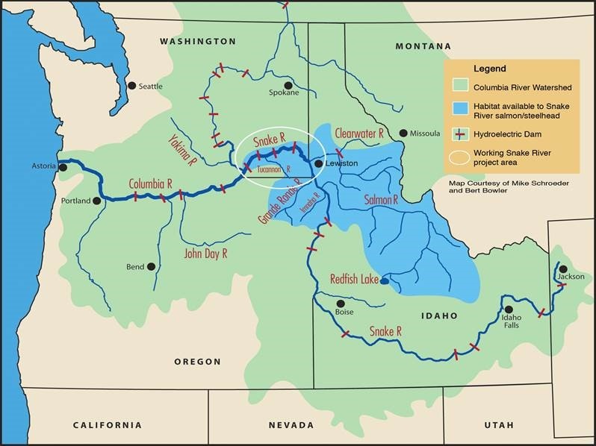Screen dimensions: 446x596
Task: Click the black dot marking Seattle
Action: (132, 86)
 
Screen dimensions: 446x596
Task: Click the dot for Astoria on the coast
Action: (63, 167)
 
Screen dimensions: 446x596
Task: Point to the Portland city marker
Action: (96, 201)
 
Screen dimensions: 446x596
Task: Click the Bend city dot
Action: (152, 266)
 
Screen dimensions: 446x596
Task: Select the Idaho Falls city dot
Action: (509, 310)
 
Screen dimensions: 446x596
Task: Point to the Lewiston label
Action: (341, 163)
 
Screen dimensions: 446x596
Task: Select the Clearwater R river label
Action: (359, 132)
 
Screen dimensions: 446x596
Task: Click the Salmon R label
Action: (381, 200)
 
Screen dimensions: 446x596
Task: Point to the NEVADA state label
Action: (291, 425)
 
